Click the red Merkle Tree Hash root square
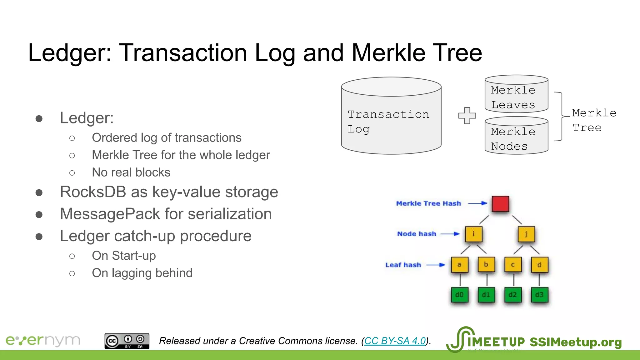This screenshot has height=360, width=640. point(500,204)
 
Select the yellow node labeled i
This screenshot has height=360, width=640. point(473,234)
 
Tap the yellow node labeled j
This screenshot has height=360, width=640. point(526,234)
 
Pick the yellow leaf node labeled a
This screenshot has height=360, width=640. point(459,265)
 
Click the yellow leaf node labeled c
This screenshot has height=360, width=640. point(513,265)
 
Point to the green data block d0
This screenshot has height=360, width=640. point(459,295)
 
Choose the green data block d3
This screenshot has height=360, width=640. point(539,295)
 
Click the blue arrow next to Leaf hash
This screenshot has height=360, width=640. point(436,265)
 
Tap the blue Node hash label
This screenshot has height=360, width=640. point(417,234)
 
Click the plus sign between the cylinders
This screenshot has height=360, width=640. point(467,116)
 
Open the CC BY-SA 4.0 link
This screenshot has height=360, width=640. point(395,341)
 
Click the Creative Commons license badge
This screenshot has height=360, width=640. point(127,341)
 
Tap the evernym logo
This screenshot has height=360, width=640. point(43,340)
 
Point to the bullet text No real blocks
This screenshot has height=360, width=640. point(131,172)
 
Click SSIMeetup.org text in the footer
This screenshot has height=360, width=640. point(575,342)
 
